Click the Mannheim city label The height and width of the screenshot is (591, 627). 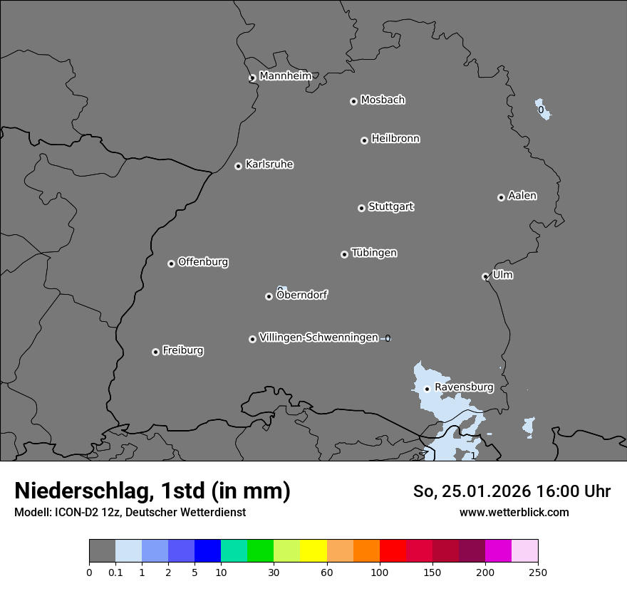pyautogui.click(x=285, y=76)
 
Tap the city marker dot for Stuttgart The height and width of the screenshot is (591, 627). pyautogui.click(x=361, y=208)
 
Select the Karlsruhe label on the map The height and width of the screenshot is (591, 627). pyautogui.click(x=269, y=164)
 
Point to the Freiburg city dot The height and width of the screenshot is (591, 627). pyautogui.click(x=155, y=352)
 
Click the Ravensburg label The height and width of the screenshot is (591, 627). pyautogui.click(x=464, y=387)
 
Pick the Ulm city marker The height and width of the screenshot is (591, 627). pyautogui.click(x=485, y=276)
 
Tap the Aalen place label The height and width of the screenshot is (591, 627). pyautogui.click(x=522, y=196)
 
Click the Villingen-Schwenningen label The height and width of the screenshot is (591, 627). pyautogui.click(x=318, y=338)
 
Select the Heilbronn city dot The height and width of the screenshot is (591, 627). pyautogui.click(x=364, y=140)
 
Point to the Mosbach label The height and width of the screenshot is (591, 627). pyautogui.click(x=383, y=100)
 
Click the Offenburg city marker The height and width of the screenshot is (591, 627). pyautogui.click(x=171, y=263)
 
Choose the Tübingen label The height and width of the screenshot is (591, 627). pyautogui.click(x=374, y=253)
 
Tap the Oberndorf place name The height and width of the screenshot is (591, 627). pyautogui.click(x=301, y=295)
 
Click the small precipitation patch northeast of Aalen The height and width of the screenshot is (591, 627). pyautogui.click(x=542, y=109)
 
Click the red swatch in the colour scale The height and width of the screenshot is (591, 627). pyautogui.click(x=393, y=551)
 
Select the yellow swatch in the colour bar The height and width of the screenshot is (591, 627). pyautogui.click(x=313, y=551)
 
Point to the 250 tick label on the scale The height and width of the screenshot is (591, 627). pyautogui.click(x=538, y=572)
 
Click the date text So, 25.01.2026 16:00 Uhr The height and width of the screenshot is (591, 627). pyautogui.click(x=512, y=491)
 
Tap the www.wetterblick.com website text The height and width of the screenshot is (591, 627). pyautogui.click(x=514, y=512)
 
